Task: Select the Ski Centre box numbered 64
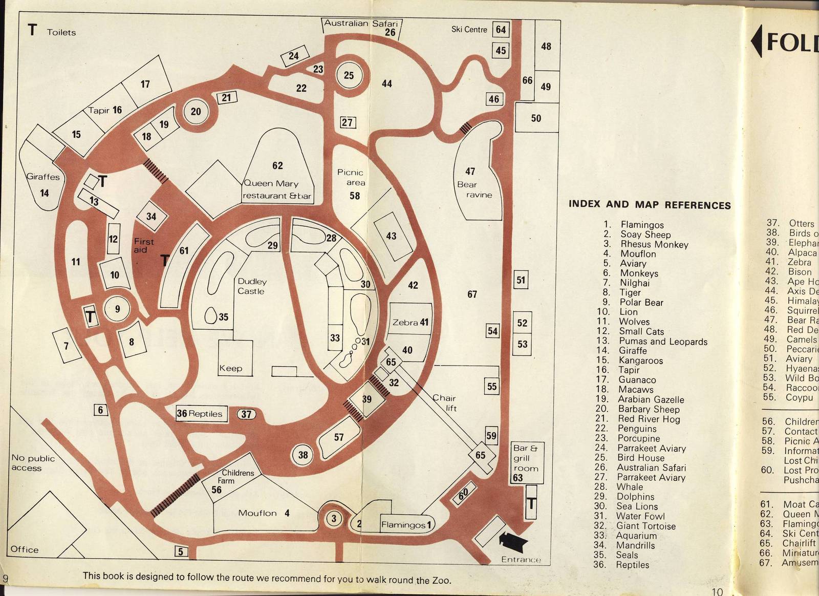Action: tap(501, 30)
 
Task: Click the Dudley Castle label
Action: tap(251, 286)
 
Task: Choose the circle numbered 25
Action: tap(349, 76)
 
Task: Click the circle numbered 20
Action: tap(196, 112)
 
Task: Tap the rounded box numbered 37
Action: tap(246, 414)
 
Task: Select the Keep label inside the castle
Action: tap(230, 368)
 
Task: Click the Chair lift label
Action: tap(444, 403)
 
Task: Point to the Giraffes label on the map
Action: tap(43, 177)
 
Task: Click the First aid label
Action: tap(143, 245)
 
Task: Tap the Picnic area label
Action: tap(351, 178)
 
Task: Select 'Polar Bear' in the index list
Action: tap(641, 303)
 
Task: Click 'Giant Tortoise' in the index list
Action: tap(645, 526)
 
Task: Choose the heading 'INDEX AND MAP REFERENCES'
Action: tap(650, 205)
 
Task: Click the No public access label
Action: tap(33, 463)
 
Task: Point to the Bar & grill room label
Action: tap(526, 458)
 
